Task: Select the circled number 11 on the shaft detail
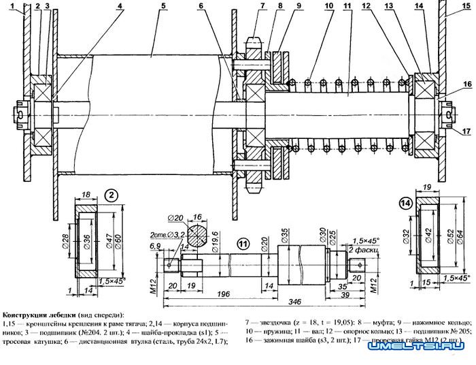click(x=243, y=242)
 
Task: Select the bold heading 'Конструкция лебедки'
click(x=37, y=315)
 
